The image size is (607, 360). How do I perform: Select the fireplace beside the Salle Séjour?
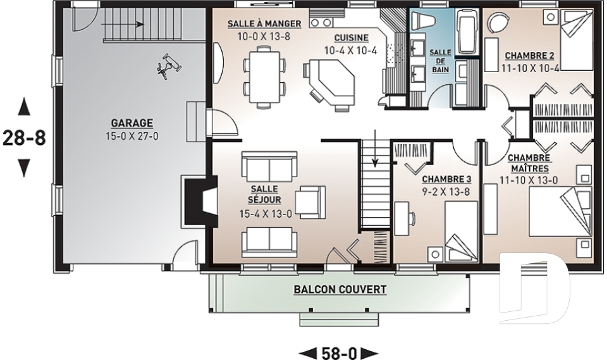pyautogui.click(x=200, y=201)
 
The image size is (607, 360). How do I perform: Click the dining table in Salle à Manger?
pyautogui.click(x=265, y=77)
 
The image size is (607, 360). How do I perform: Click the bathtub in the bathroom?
pyautogui.click(x=468, y=32)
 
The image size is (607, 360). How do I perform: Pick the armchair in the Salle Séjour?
pyautogui.click(x=310, y=202)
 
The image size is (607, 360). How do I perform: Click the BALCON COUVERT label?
pyautogui.click(x=340, y=290)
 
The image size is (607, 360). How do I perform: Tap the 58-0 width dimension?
pyautogui.click(x=338, y=353)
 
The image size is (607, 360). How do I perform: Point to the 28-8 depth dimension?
pyautogui.click(x=24, y=137)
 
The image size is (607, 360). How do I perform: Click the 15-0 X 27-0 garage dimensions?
pyautogui.click(x=132, y=137)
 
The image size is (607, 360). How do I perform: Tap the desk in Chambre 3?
pyautogui.click(x=402, y=218)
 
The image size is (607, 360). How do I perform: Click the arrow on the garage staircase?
pyautogui.click(x=123, y=25)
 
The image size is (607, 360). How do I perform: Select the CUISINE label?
pyautogui.click(x=351, y=38)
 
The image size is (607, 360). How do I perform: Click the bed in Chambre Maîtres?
pyautogui.click(x=561, y=211)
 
